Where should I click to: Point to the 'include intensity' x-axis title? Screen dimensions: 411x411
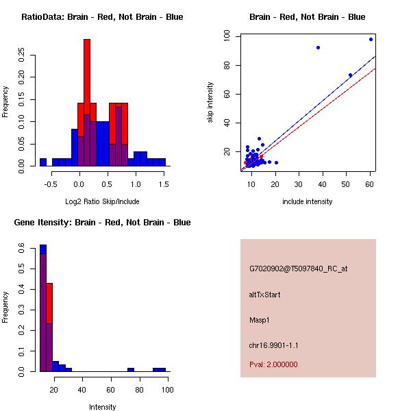coord(308,201)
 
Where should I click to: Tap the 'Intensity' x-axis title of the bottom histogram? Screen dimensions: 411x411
coord(102,407)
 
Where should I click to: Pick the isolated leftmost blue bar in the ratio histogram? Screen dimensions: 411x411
coord(42,162)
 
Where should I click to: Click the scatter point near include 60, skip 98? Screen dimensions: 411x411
coord(371,39)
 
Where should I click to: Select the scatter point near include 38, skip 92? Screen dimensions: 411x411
coord(319,47)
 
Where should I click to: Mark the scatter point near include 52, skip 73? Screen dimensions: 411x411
coord(350,75)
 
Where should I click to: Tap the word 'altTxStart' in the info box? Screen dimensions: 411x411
coord(264,295)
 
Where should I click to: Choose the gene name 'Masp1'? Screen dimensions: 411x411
coord(259,320)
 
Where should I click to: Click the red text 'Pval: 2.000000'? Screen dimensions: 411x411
coord(273,364)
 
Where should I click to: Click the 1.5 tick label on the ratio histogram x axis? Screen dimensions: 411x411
coord(163,184)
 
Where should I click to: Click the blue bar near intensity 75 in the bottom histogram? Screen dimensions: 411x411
coord(130,370)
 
